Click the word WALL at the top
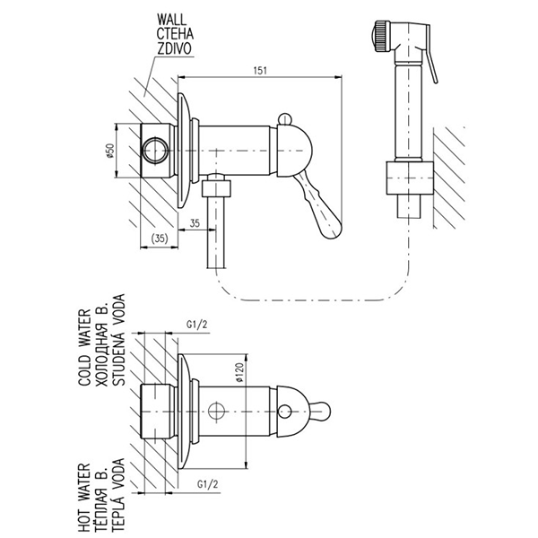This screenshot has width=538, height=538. tap(171, 19)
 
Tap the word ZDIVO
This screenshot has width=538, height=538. tap(174, 48)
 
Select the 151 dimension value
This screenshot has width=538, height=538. tap(260, 70)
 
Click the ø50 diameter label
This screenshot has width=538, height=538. tap(110, 151)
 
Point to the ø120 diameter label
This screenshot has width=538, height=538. tap(239, 373)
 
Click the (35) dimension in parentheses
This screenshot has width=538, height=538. tap(160, 239)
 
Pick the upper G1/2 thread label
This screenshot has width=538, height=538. tap(197, 325)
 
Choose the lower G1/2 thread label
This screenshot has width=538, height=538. tap(208, 484)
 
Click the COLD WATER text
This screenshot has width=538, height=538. tap(85, 347)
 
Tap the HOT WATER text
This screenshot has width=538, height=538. tap(84, 498)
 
